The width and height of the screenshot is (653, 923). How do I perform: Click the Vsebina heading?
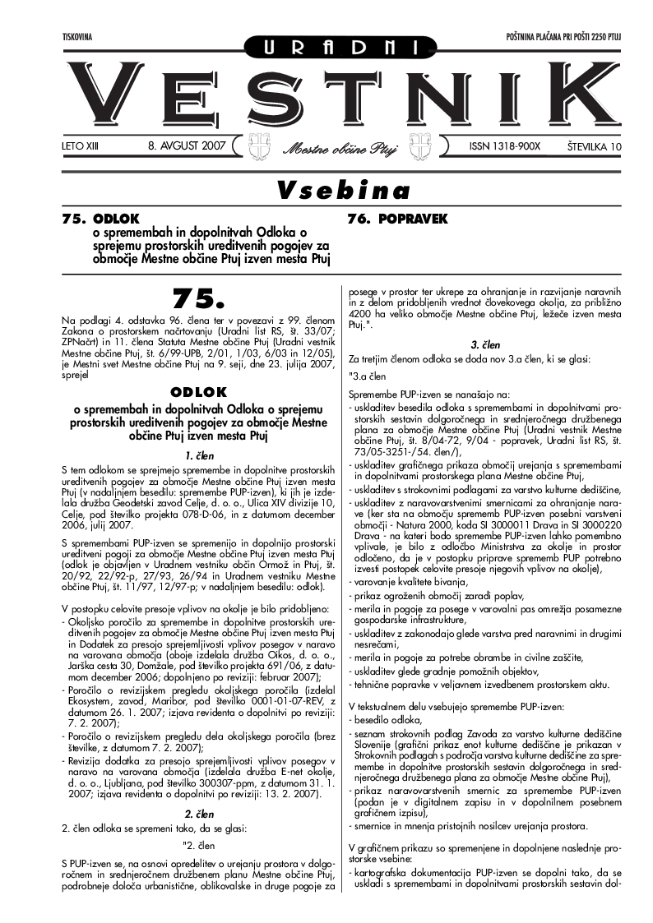coord(343,191)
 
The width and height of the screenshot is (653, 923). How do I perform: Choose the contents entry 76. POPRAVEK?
coord(397,219)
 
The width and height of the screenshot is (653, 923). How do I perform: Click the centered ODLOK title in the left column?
coord(198,392)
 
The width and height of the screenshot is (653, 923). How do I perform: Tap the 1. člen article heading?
coord(198,455)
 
